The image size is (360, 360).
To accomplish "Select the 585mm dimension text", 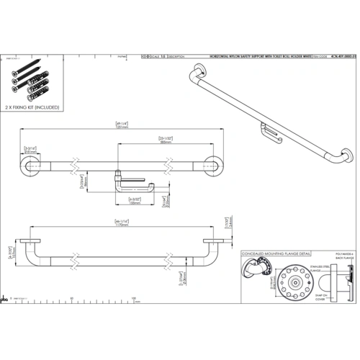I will [166, 143].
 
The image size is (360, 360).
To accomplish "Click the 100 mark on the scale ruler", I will [135, 297].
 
